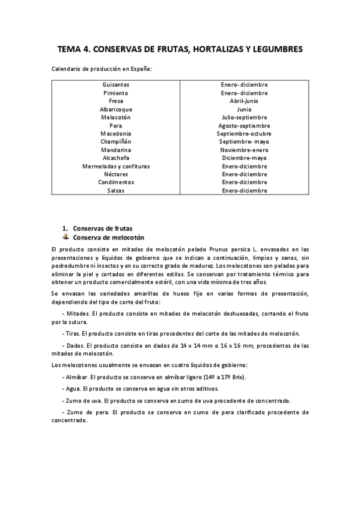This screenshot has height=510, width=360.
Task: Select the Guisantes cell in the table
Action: [x=116, y=85]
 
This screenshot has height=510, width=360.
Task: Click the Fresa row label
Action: [x=116, y=101]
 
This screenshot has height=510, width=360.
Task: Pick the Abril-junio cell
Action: [x=244, y=101]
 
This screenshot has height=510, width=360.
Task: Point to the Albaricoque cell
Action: [x=116, y=109]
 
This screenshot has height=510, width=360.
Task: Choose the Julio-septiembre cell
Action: [x=244, y=117]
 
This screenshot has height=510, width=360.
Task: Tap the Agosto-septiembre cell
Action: [x=244, y=126]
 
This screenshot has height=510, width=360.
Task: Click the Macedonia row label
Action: [x=116, y=134]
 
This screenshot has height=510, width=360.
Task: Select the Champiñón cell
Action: [x=116, y=141]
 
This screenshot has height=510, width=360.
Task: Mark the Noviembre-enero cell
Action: [x=244, y=150]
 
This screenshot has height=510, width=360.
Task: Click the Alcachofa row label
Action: [x=116, y=158]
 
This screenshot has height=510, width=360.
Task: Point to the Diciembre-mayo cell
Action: [x=244, y=158]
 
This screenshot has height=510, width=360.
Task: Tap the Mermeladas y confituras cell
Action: [x=116, y=166]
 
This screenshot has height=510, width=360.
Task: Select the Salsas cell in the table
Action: [x=116, y=190]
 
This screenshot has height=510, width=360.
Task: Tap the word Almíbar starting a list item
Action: [x=76, y=376]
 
